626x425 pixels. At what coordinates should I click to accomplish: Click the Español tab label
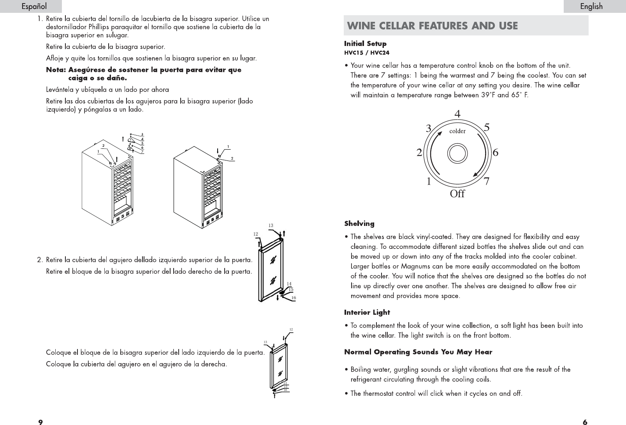click(x=34, y=6)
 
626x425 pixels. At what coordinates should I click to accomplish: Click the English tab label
click(x=591, y=6)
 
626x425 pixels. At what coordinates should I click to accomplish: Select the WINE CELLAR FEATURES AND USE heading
click(x=432, y=26)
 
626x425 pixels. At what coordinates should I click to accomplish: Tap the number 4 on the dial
click(x=457, y=114)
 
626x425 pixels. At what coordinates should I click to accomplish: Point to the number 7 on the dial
click(x=487, y=182)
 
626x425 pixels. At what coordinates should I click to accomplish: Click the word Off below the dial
click(x=457, y=194)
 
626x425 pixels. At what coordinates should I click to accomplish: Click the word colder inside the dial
click(x=457, y=131)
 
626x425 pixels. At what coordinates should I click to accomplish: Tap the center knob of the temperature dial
click(x=457, y=153)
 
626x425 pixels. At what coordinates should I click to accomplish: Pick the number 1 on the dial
click(x=429, y=182)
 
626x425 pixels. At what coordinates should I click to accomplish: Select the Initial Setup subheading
click(x=365, y=44)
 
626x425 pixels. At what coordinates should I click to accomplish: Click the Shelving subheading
click(x=359, y=224)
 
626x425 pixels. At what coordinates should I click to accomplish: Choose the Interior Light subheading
click(x=367, y=312)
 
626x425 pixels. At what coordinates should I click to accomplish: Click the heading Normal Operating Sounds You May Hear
click(x=418, y=352)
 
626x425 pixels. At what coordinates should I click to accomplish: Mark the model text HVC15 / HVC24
click(x=367, y=53)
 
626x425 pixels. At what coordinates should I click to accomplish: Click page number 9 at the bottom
click(x=40, y=421)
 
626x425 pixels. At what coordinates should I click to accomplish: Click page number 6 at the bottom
click(x=585, y=421)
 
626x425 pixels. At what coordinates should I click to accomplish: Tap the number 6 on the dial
click(x=495, y=153)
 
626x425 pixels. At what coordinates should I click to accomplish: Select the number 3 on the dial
click(x=429, y=128)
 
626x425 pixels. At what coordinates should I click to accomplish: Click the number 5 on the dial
click(x=487, y=127)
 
